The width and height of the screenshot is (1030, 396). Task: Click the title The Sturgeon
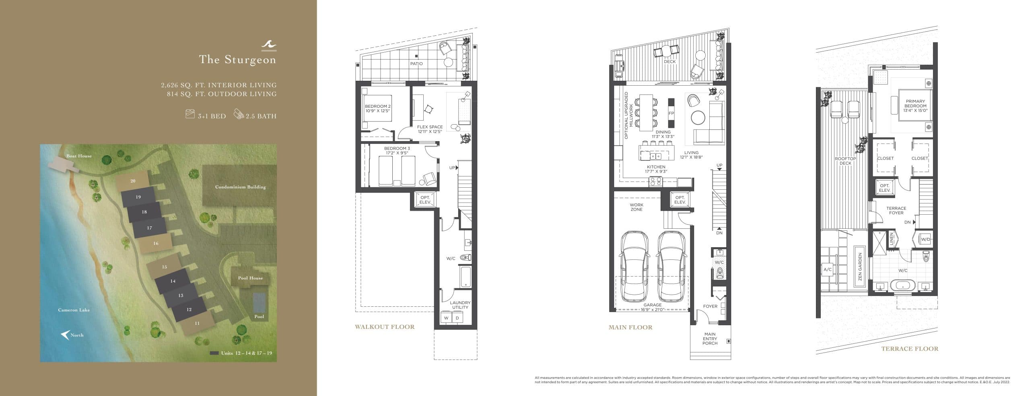[237, 60]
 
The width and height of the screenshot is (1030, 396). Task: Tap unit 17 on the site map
[149, 228]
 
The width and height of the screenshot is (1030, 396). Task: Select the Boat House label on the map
[79, 156]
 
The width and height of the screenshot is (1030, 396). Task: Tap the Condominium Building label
[240, 187]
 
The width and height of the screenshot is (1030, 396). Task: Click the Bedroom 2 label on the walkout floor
[378, 108]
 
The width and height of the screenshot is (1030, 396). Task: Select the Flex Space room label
[430, 129]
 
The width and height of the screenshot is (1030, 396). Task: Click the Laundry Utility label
[460, 305]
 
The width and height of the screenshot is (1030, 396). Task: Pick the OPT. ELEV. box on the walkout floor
[425, 200]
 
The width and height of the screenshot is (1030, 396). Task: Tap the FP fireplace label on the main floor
[671, 113]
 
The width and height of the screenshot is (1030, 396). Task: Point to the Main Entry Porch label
[710, 339]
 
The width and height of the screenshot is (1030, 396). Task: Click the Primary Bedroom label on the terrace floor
[915, 106]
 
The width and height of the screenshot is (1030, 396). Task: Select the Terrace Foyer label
[896, 210]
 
